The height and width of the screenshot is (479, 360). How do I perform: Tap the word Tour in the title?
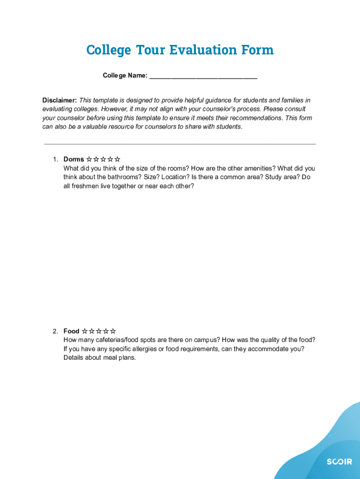click(x=151, y=50)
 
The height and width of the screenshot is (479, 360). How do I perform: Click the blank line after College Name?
click(x=203, y=76)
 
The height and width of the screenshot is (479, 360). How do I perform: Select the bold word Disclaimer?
click(x=59, y=101)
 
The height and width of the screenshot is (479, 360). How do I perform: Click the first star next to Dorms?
click(x=89, y=160)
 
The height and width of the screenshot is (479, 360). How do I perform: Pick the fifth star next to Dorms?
click(x=118, y=160)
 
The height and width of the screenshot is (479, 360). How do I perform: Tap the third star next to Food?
click(x=99, y=331)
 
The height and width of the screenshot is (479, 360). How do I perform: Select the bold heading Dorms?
click(x=74, y=160)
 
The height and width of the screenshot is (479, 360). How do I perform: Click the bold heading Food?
click(x=72, y=331)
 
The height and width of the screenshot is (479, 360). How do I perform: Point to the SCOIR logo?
click(x=339, y=462)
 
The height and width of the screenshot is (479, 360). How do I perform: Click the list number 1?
click(x=55, y=160)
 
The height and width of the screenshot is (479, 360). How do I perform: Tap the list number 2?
click(x=55, y=331)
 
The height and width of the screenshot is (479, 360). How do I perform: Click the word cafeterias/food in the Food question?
click(x=119, y=340)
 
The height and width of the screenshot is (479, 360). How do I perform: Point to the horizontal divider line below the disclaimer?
click(x=180, y=144)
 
